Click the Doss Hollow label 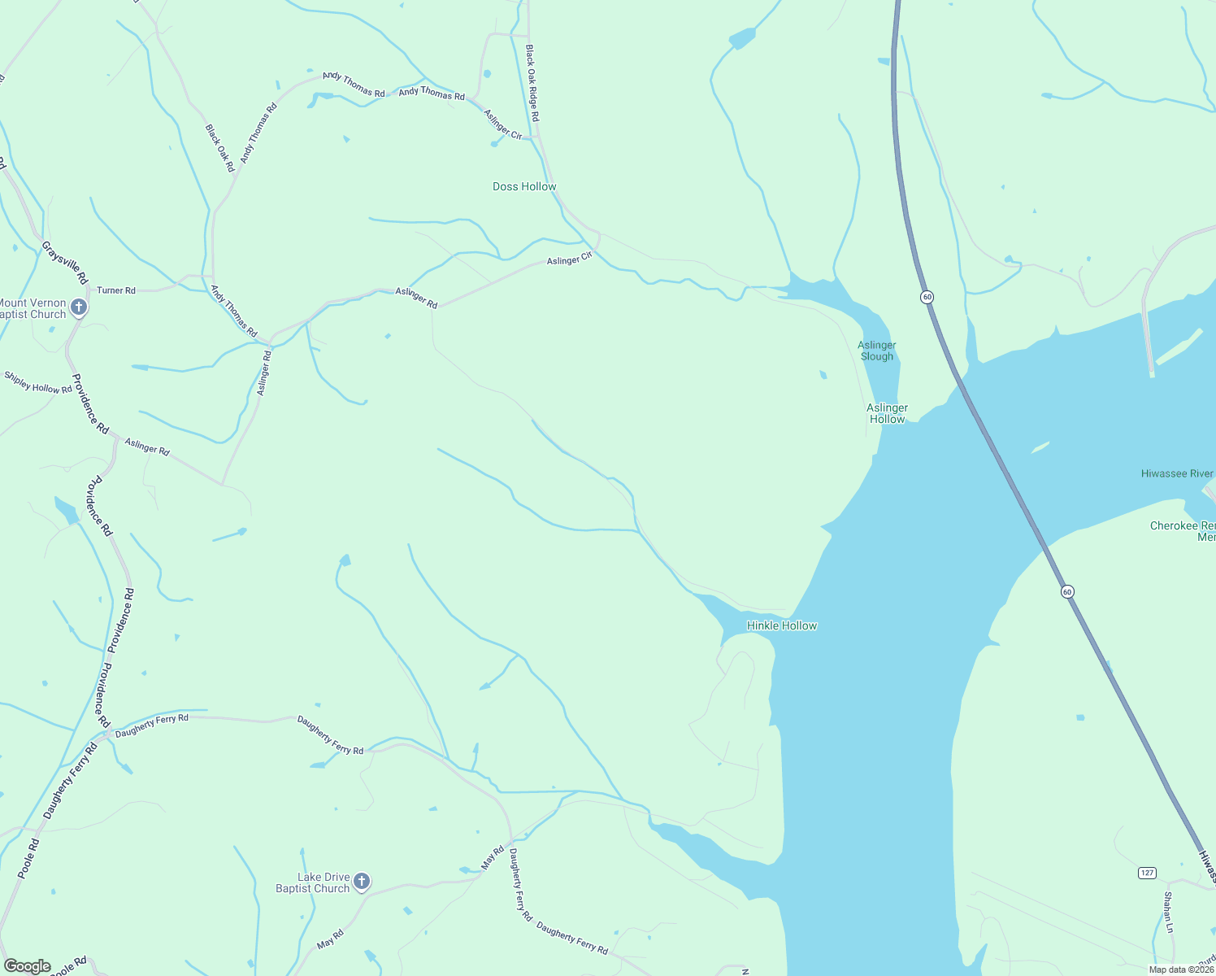(524, 187)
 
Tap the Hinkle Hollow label (781, 625)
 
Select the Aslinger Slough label (877, 351)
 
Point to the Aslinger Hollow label (887, 413)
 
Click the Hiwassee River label (1177, 473)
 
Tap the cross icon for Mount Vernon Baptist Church (79, 307)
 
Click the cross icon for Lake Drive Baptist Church (363, 882)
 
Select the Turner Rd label (116, 290)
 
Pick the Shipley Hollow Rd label (38, 382)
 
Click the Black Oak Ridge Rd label (532, 83)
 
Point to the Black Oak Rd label (219, 147)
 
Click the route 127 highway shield (1146, 873)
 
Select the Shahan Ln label (1168, 913)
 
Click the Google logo (28, 966)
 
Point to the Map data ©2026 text (1181, 969)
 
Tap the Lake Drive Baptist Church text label (312, 882)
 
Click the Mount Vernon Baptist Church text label (33, 308)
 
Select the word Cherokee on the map (1174, 525)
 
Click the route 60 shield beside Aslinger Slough (927, 297)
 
